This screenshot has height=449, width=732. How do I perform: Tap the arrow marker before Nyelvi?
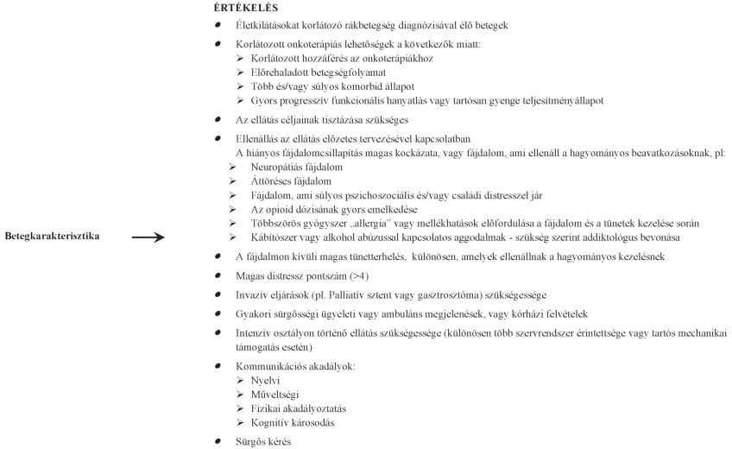pos(240,379)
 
